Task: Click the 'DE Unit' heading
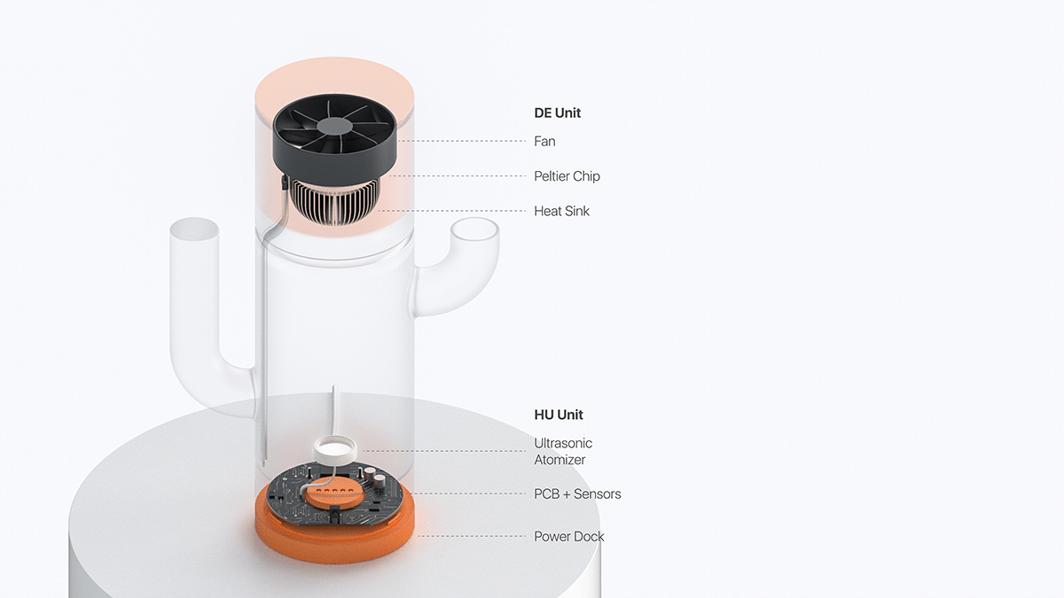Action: click(558, 113)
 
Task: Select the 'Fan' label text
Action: click(544, 141)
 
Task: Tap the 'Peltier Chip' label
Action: click(567, 176)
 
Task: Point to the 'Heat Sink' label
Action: click(561, 211)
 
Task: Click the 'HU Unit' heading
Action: click(559, 415)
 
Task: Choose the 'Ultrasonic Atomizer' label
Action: click(562, 451)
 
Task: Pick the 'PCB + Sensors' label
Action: click(577, 493)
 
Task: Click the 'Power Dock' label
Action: click(569, 536)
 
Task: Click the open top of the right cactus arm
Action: click(475, 234)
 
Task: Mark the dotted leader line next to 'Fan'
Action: click(461, 141)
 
